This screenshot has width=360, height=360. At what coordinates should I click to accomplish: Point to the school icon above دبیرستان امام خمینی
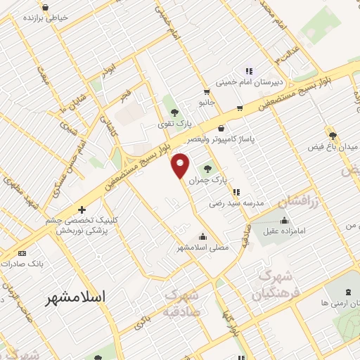[x=247, y=70]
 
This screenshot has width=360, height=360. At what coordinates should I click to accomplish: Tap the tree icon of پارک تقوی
[x=174, y=112]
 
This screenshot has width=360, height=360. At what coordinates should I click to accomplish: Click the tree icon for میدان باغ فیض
[x=333, y=135]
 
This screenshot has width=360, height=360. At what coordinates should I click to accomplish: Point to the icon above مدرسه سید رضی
[x=236, y=191]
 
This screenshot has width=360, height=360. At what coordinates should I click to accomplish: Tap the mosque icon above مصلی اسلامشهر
[x=203, y=236]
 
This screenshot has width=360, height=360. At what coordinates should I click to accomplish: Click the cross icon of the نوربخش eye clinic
[x=82, y=210]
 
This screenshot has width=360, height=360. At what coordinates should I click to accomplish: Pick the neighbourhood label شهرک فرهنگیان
[x=276, y=283]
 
